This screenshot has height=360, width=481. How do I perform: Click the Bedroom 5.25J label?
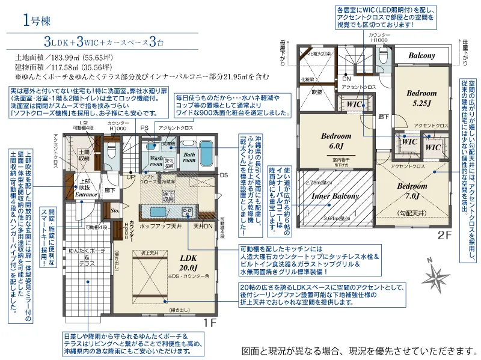tap(421, 98)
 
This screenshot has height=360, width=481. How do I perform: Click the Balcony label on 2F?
tap(421, 55)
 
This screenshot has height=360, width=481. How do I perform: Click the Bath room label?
tap(189, 157)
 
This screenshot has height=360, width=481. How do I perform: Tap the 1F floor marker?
tap(209, 322)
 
